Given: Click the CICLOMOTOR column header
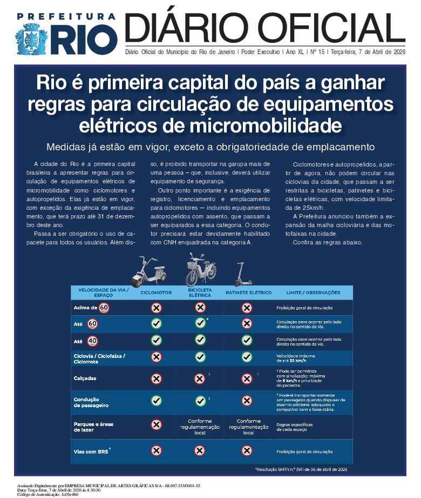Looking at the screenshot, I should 156,293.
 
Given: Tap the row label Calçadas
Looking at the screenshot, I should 85,379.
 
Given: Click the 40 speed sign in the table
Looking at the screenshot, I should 93,341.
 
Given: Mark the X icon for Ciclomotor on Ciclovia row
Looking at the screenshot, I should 156,357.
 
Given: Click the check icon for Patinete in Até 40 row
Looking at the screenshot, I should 247,340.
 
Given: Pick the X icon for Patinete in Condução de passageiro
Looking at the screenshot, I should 247,401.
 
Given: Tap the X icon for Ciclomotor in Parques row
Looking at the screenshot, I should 156,424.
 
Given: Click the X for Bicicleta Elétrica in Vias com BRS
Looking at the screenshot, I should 200,450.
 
